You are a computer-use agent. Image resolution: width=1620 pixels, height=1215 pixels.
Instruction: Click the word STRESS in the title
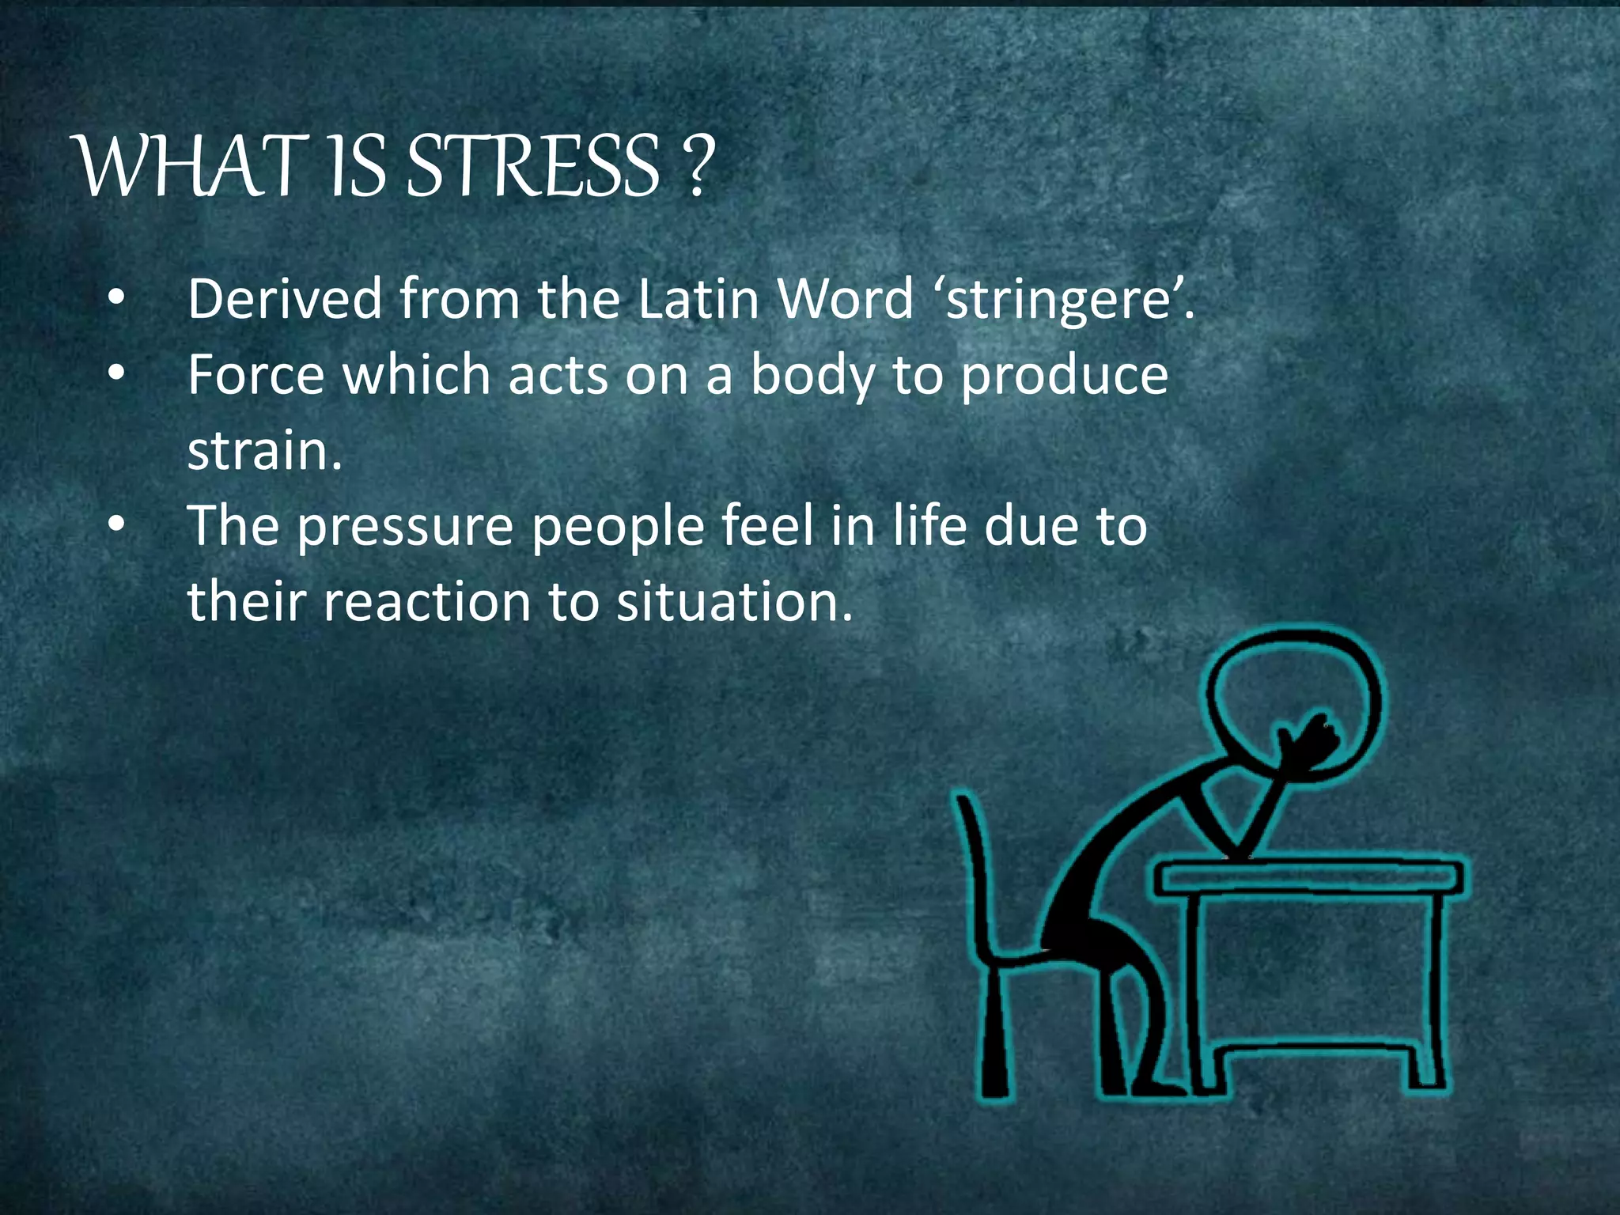532,166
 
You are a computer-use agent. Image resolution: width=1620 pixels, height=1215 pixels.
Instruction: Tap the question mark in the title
697,166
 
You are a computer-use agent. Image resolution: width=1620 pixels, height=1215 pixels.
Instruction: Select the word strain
258,450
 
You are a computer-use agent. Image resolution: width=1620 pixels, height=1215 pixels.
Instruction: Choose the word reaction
427,601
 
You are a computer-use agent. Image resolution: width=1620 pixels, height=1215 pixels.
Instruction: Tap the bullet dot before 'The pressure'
116,524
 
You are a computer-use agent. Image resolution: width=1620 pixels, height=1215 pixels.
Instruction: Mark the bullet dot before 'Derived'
116,298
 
